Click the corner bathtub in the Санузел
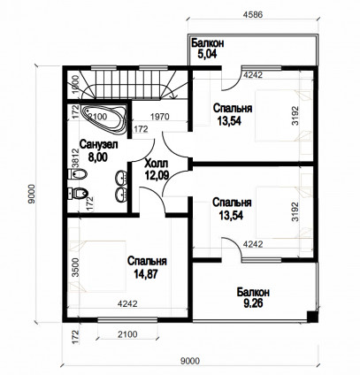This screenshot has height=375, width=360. coord(104,119)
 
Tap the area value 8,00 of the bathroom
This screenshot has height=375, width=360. coord(98,157)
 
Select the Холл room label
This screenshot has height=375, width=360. coord(157,163)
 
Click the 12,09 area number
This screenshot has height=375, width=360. coord(157,175)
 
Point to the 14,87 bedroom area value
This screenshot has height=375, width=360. coord(146,274)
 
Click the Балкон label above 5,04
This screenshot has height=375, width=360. coord(208,43)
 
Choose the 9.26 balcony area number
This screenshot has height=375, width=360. coord(253,303)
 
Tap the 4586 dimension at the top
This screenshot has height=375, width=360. coord(252,14)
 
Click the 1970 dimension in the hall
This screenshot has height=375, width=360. coord(160,117)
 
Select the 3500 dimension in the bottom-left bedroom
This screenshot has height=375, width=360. coord(76,267)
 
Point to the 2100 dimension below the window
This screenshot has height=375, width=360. coord(127,334)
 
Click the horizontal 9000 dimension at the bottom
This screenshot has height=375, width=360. coord(190,361)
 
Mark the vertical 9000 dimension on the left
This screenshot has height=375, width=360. coord(31,194)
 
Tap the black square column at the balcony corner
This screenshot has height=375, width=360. coord(312,317)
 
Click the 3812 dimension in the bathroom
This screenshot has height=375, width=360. coord(75,157)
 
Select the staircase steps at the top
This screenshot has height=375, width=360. coord(127,84)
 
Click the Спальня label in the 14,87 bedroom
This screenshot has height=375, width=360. coord(147,261)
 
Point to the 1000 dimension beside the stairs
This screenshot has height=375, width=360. coord(76,84)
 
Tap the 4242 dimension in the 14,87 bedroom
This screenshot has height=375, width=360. coord(127,303)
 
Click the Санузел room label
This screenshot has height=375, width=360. coord(99,144)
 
